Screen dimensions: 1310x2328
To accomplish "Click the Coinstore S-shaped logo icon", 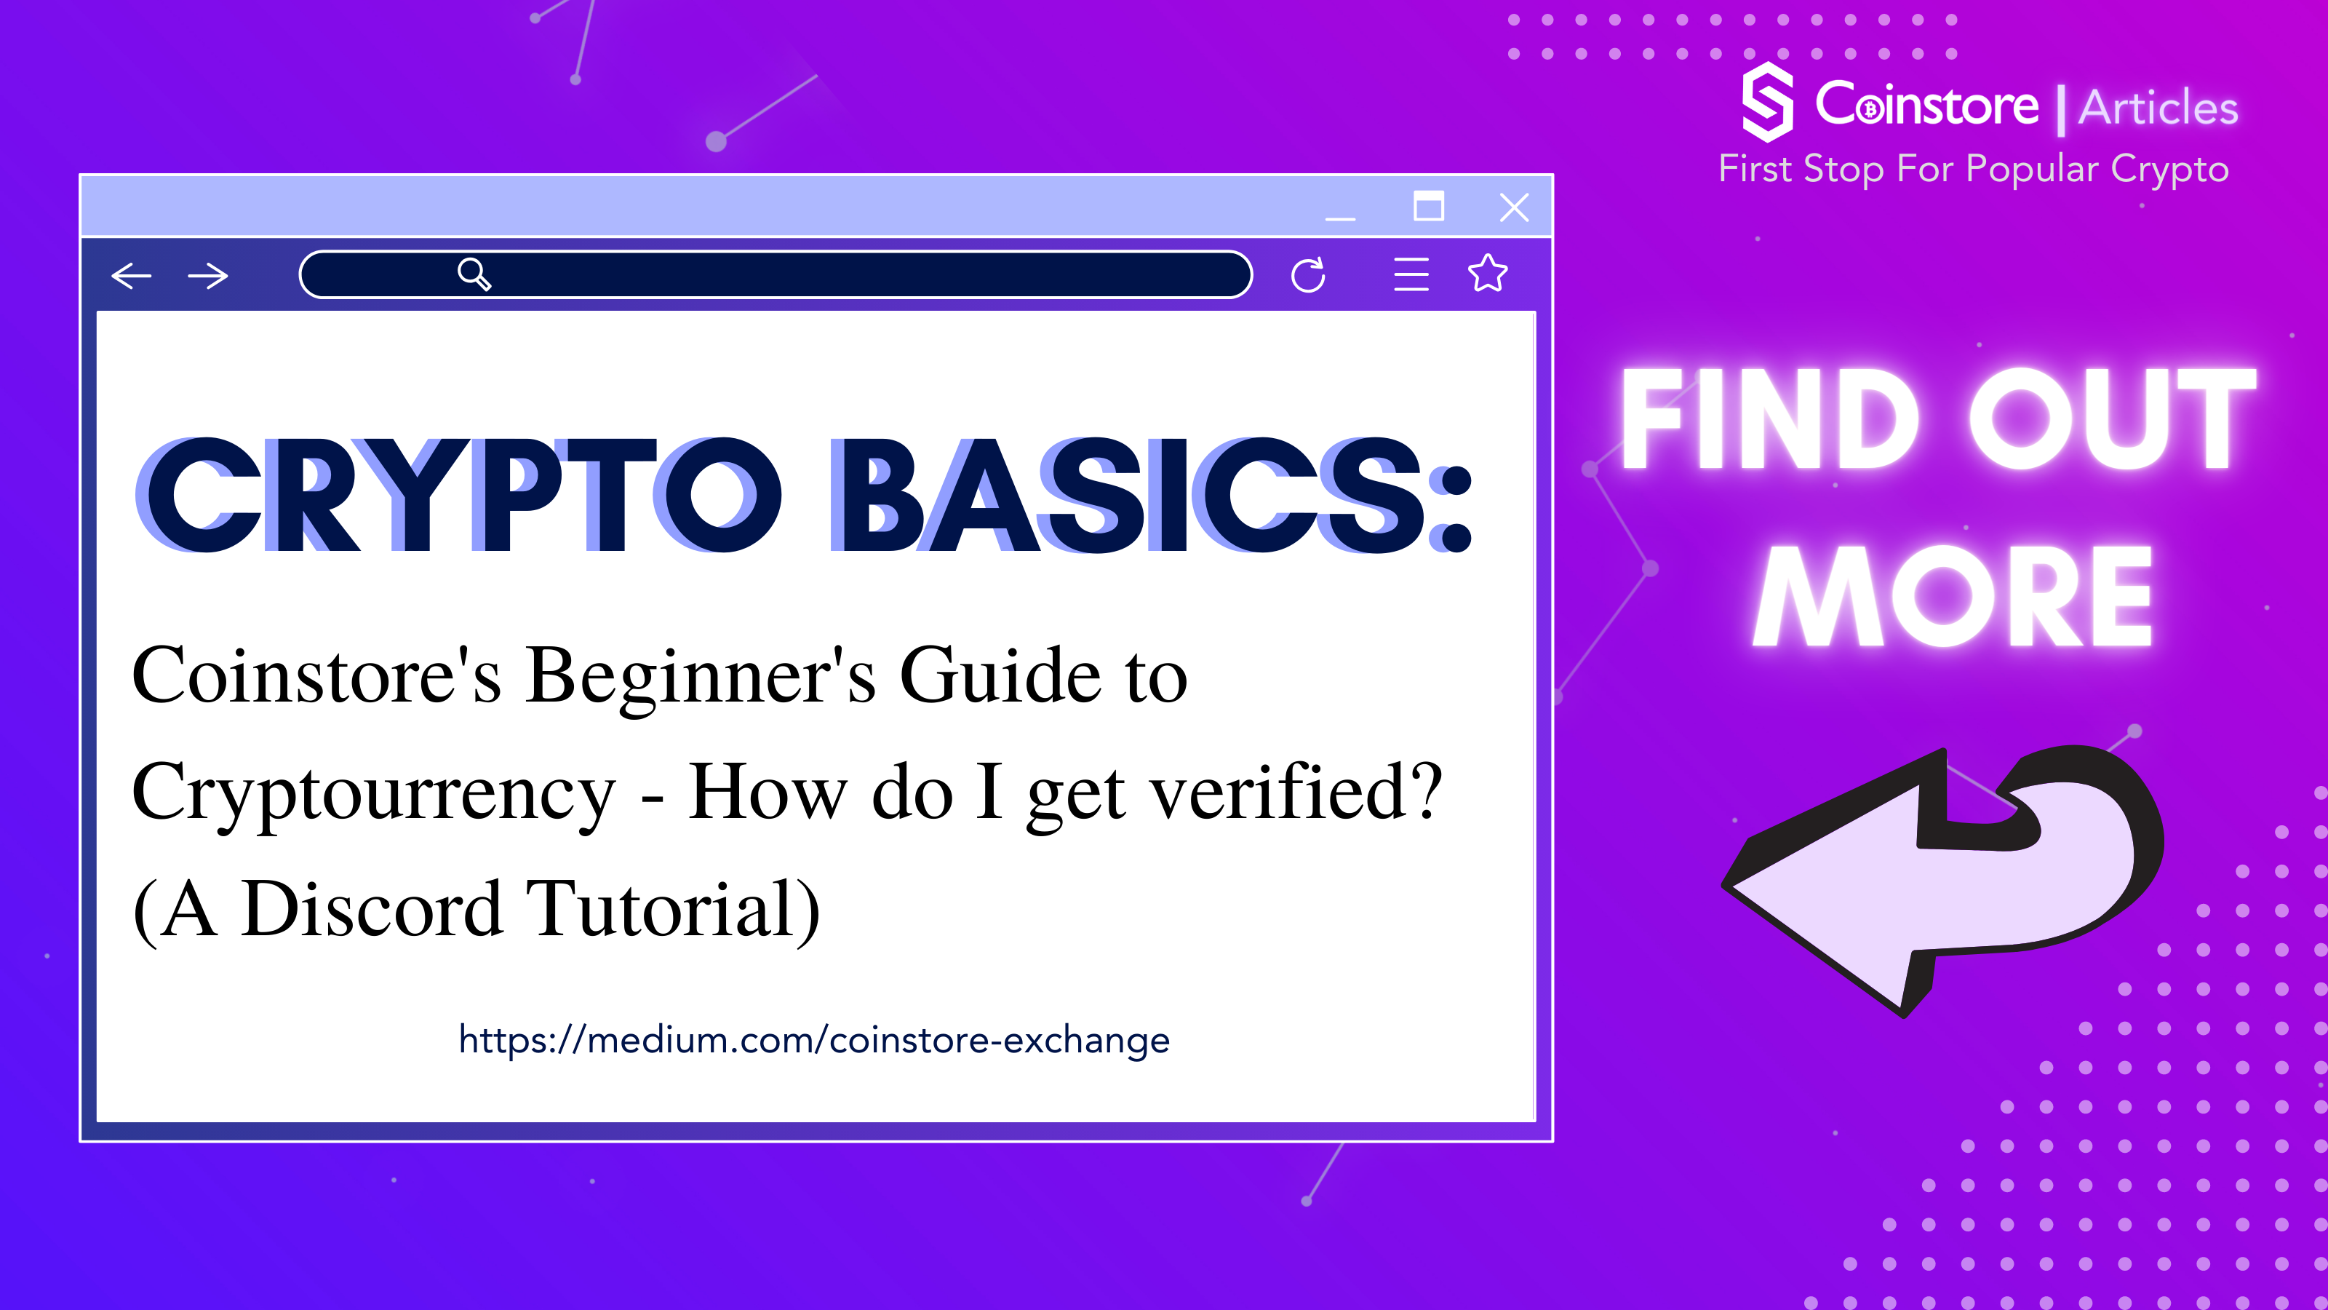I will pos(1767,102).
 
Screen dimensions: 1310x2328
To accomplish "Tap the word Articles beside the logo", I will pos(2158,108).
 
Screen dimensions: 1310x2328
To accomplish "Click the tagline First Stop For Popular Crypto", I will pos(1974,169).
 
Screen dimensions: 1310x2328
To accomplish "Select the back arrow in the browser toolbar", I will pos(131,276).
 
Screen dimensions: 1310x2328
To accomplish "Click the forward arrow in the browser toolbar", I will pos(208,276).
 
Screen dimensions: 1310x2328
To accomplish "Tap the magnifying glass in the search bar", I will pos(474,273).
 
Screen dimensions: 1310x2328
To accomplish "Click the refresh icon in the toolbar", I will pos(1308,275).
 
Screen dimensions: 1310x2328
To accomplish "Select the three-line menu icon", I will pos(1411,275).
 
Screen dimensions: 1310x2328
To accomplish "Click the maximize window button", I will pos(1428,206).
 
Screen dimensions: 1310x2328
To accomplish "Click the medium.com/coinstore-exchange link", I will pos(814,1041).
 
